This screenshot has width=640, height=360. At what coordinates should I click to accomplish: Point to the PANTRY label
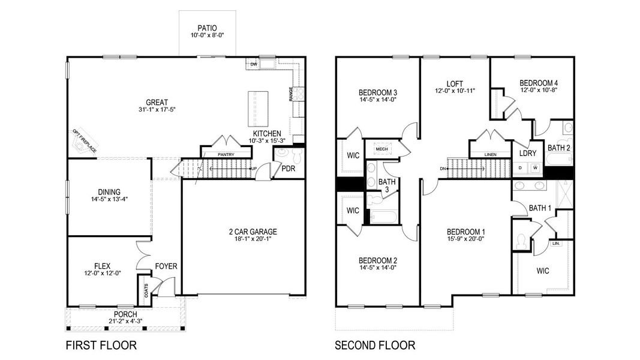(226, 155)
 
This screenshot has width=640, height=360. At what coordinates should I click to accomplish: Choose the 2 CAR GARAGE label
(244, 232)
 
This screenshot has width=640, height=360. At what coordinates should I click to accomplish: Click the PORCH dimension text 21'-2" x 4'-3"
(125, 322)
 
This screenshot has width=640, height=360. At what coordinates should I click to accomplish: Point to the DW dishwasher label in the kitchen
(254, 64)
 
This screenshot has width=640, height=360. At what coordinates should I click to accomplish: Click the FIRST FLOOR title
(101, 346)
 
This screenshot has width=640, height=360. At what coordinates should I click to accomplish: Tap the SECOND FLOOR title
(375, 346)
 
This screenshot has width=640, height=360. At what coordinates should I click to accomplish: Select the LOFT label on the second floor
(454, 83)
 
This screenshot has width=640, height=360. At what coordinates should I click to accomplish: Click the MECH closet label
(382, 149)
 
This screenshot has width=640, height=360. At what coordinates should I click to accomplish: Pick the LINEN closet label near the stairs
(490, 155)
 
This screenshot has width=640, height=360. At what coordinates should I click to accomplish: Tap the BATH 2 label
(558, 148)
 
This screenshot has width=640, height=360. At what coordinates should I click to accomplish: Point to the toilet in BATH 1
(521, 241)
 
